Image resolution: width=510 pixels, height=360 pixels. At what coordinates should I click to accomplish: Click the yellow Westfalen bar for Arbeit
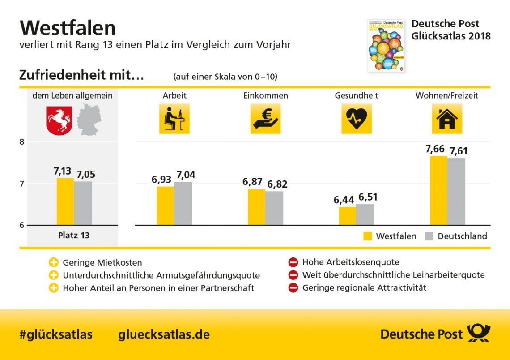[165, 206]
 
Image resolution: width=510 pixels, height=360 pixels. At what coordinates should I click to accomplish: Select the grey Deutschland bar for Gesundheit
[365, 214]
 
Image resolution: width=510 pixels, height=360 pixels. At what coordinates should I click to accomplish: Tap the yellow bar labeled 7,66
[438, 190]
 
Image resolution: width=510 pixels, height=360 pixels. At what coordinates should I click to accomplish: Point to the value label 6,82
[278, 184]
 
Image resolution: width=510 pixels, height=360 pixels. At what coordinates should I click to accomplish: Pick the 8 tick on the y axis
[22, 142]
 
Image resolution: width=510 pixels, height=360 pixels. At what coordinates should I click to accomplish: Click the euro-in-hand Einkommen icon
[265, 119]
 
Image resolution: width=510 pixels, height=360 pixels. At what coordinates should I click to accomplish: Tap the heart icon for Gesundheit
[357, 119]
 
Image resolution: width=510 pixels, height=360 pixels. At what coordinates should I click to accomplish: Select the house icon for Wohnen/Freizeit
[446, 119]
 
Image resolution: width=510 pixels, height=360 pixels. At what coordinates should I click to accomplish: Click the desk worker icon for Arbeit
[174, 119]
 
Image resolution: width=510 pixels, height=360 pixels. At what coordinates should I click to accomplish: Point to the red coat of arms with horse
[59, 120]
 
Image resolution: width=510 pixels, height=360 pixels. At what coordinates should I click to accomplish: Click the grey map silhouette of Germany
[89, 119]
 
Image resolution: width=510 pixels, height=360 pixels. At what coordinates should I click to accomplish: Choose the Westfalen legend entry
[390, 236]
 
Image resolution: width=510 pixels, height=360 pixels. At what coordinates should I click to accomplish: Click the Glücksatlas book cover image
[386, 45]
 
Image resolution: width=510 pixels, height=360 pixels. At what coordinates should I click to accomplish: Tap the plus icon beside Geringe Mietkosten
[54, 262]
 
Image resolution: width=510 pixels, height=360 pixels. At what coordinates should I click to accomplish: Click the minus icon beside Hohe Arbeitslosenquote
[293, 262]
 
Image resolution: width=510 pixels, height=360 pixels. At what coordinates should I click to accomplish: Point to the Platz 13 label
[74, 235]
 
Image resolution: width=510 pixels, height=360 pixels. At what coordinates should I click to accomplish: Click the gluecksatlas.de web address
[164, 334]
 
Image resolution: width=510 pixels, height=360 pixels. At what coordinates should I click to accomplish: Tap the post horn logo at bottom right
[479, 334]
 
